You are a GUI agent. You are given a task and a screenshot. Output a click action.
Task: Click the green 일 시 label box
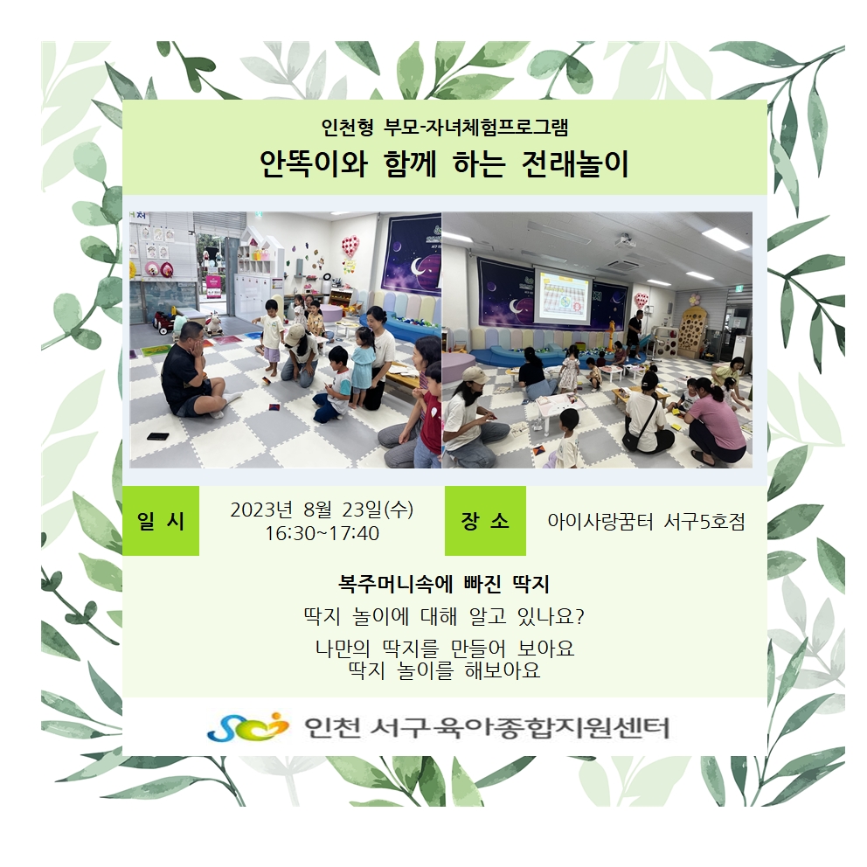click(x=160, y=520)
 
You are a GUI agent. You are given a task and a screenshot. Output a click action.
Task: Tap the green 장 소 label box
click(x=485, y=520)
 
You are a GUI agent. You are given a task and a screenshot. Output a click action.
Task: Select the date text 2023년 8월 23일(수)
click(x=322, y=510)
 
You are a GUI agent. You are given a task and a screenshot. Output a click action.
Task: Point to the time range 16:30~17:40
click(x=322, y=534)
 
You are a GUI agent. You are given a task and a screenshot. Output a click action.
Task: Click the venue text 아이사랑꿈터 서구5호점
click(x=647, y=522)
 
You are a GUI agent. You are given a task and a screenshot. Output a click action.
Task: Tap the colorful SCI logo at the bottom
click(x=247, y=726)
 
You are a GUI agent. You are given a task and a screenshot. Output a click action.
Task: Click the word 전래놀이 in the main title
click(x=575, y=163)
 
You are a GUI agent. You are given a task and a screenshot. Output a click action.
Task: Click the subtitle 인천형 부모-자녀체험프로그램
click(x=445, y=128)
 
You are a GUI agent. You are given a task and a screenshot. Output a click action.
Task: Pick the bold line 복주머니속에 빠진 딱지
click(x=443, y=585)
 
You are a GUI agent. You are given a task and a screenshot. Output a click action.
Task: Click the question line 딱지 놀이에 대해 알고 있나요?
click(x=444, y=616)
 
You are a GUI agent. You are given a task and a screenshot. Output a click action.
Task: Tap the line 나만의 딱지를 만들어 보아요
click(x=445, y=648)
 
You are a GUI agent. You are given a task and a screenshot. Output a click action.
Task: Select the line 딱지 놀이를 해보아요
click(x=444, y=670)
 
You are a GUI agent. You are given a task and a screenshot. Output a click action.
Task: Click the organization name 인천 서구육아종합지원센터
click(x=487, y=727)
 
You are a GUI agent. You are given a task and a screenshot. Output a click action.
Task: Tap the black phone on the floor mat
click(x=158, y=436)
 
